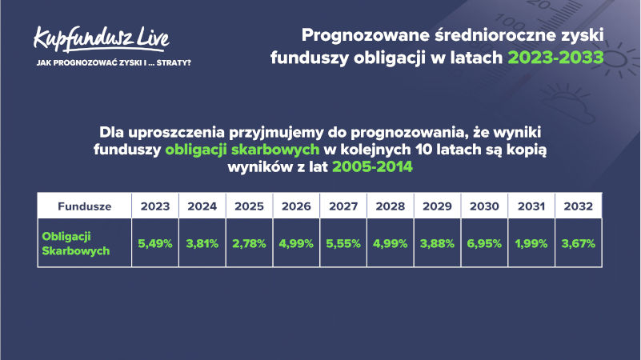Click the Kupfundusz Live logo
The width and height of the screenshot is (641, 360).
(101, 39)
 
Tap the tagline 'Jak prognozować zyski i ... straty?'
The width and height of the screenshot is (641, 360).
(114, 63)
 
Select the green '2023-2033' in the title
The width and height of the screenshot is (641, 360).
(555, 58)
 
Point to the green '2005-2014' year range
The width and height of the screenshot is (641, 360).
(372, 166)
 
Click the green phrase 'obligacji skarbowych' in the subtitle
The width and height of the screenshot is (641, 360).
(242, 150)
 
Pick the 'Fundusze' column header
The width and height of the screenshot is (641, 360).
(84, 206)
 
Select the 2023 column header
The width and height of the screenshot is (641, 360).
(155, 206)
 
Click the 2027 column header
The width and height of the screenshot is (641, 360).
(343, 206)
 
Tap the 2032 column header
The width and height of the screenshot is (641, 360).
(578, 206)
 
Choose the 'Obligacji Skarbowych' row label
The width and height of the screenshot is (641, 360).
(76, 243)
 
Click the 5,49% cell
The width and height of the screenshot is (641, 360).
(155, 244)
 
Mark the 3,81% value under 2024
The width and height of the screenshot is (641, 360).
(202, 244)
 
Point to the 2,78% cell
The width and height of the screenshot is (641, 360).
(249, 244)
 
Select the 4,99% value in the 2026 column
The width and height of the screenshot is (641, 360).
(296, 244)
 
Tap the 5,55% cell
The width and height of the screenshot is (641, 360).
(343, 244)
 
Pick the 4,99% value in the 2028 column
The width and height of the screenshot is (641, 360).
(390, 244)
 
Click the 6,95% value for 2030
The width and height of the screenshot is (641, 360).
(484, 244)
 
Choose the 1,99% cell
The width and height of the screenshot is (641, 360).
(531, 244)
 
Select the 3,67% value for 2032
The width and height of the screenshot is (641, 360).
(578, 244)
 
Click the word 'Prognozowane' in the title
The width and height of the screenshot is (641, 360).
(366, 35)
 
